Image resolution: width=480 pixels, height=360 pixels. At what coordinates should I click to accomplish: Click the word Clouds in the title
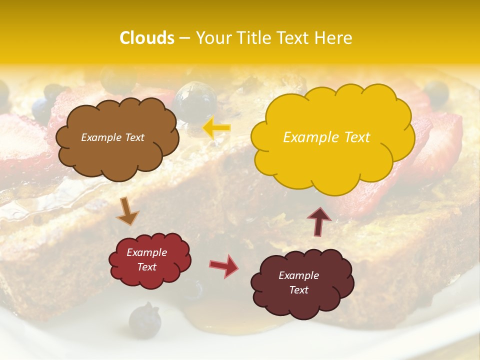[x=147, y=38]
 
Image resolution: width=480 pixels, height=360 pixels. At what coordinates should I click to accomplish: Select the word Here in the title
[x=334, y=38]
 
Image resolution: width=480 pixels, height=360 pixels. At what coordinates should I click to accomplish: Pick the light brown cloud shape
[x=117, y=137]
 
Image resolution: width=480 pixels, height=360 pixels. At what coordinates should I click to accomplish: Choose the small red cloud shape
[x=150, y=260]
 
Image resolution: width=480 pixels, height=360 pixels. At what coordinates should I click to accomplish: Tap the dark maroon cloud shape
[x=302, y=283]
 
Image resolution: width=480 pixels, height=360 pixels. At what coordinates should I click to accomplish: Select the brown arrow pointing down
[x=127, y=212]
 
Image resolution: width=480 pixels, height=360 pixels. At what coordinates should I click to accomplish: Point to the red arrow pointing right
[x=223, y=265]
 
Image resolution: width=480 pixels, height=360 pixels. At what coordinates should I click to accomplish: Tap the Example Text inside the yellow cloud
[x=326, y=137]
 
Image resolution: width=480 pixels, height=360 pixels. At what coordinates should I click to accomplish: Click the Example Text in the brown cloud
[x=112, y=137]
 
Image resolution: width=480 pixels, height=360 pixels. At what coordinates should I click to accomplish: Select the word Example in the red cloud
[x=146, y=252]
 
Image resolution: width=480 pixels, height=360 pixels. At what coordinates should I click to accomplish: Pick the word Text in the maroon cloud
[x=298, y=290]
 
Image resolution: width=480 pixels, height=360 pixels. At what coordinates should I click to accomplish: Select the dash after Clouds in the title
[x=184, y=38]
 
